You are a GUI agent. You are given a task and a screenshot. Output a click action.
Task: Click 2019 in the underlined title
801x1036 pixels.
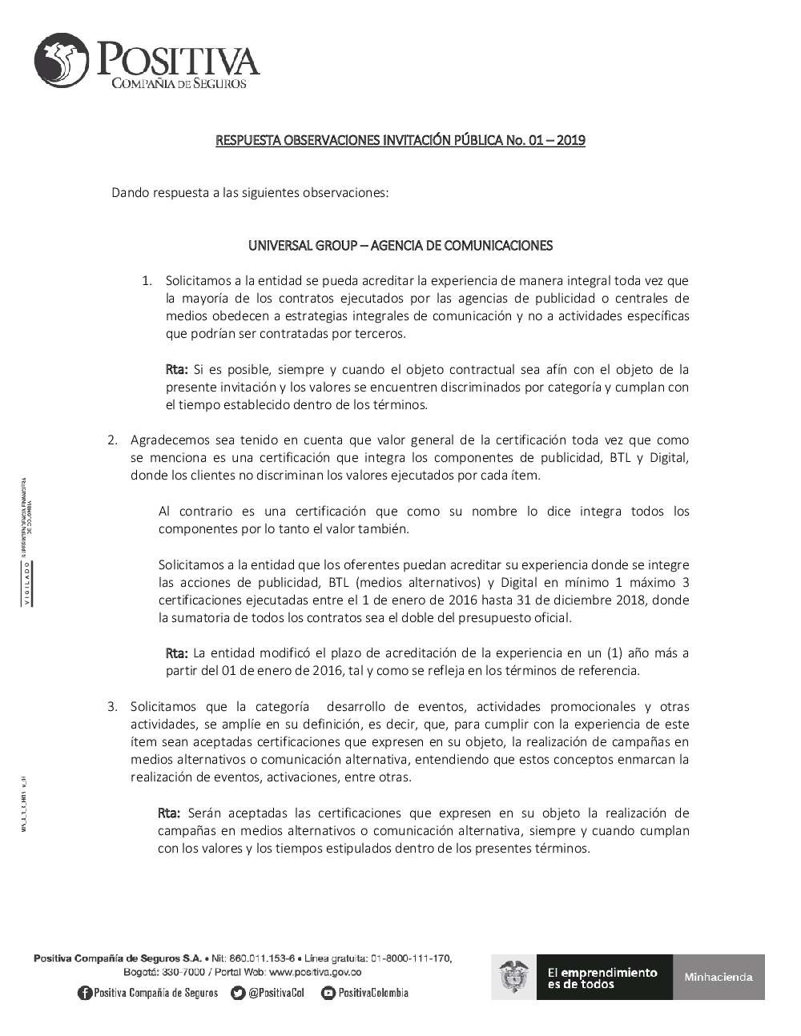coord(570,141)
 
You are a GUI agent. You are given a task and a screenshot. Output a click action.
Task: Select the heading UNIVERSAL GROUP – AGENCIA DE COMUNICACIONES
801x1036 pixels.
coord(400,246)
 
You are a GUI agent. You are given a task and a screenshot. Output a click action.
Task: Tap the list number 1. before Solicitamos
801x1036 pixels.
coord(147,281)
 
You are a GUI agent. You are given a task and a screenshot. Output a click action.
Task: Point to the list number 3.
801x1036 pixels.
coord(113,707)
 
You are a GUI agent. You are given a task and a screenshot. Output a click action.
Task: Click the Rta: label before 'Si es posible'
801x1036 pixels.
coord(176,370)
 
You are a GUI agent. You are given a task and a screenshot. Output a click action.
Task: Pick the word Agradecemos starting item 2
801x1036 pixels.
coord(165,440)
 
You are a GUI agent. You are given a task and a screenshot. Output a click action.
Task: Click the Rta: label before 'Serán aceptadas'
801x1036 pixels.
coord(169,813)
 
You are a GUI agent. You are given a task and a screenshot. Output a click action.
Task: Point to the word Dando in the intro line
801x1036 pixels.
coord(129,193)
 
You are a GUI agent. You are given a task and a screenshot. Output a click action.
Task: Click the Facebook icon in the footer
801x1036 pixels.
coord(85,994)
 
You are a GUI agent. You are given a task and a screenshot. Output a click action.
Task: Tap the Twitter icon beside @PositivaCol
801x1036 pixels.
coord(237,994)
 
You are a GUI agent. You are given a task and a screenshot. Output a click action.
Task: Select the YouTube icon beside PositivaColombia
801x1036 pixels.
coord(328,994)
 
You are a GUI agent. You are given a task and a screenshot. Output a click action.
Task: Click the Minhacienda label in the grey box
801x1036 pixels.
coord(718,977)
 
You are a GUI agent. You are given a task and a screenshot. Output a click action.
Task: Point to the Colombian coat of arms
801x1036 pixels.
coord(513,977)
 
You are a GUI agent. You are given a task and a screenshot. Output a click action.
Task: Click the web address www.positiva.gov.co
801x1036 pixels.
coord(315,972)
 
